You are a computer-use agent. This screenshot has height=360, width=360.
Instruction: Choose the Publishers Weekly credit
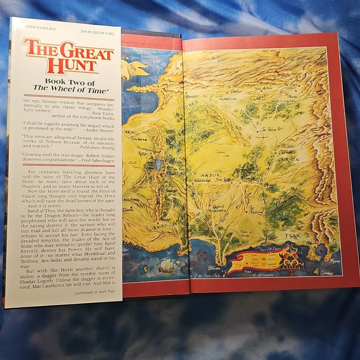tap(95, 147)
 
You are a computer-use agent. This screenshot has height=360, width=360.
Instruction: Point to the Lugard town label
tap(218, 207)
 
